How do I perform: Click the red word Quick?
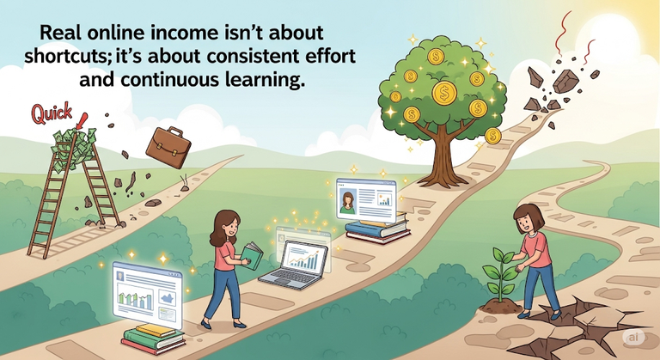point(52,113)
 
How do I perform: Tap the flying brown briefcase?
point(168,147)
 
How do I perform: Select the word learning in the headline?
point(260,79)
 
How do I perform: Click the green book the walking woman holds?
point(252,254)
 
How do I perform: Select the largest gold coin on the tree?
point(444,93)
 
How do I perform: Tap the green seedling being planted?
point(500,273)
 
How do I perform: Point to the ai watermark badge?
point(633,338)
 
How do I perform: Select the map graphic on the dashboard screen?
point(168,297)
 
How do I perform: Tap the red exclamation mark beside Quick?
point(82,121)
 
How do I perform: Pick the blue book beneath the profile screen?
point(376,229)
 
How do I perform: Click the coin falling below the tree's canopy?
point(492,136)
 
